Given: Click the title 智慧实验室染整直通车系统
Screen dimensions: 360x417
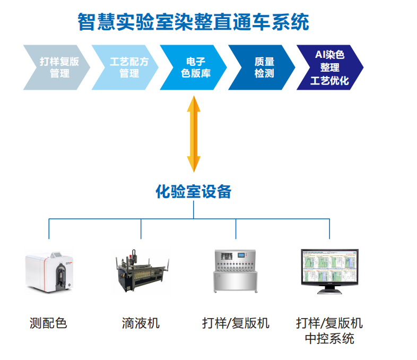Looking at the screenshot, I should point(193,22).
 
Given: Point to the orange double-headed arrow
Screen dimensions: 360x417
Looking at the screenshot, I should point(194,133).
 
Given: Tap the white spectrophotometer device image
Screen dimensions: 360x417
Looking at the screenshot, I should point(51,271).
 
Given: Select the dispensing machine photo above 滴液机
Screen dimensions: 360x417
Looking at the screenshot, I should point(142,271).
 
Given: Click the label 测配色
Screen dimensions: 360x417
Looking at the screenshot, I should point(48,323).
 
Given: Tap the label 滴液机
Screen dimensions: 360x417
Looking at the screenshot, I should point(141,323).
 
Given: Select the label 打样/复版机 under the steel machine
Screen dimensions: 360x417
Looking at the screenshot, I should point(236,323).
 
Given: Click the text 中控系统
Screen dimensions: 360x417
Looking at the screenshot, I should point(329,338).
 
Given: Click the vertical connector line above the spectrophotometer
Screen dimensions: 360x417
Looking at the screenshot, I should point(49,228).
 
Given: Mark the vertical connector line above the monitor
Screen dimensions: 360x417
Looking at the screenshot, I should point(329,228).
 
